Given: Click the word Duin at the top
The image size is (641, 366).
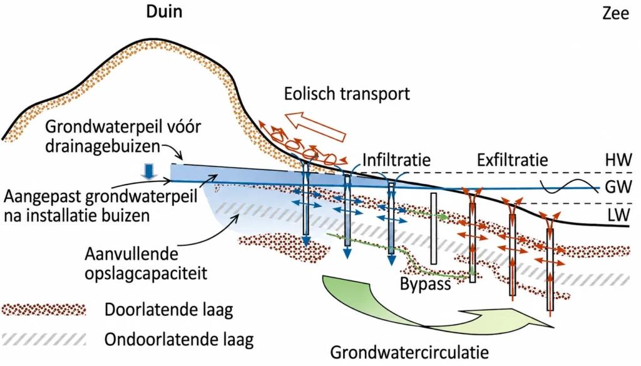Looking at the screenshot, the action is coord(164,11).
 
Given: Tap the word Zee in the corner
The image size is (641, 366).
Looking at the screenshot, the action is coord(615,14).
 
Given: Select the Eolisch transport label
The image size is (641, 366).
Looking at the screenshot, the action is coord(347,94).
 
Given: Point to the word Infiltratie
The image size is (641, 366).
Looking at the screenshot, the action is coord(396,160).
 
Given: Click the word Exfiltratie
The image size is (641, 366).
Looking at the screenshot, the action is coord(512,160).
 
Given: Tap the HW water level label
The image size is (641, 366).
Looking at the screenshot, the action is coord(618,160).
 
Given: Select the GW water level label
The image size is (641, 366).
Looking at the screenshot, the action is coord(618,186).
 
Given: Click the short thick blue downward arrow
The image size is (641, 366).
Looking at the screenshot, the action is coord(149,171).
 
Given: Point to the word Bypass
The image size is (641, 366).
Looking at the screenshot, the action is coord(425,284).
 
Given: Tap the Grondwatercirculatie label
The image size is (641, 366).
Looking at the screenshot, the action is coord(409,352).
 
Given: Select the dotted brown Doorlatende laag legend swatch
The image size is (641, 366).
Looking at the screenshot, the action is coord(44,310).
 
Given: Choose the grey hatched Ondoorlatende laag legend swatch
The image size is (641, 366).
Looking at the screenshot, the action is coord(44,340).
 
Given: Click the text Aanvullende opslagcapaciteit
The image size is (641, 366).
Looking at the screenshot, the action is coord(146,263).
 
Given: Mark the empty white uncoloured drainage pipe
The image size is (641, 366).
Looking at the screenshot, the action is coord(433,229).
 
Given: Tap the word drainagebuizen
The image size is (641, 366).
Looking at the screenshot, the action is coord(102,146).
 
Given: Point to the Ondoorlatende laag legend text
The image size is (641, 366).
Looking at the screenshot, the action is coord(179,340).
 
